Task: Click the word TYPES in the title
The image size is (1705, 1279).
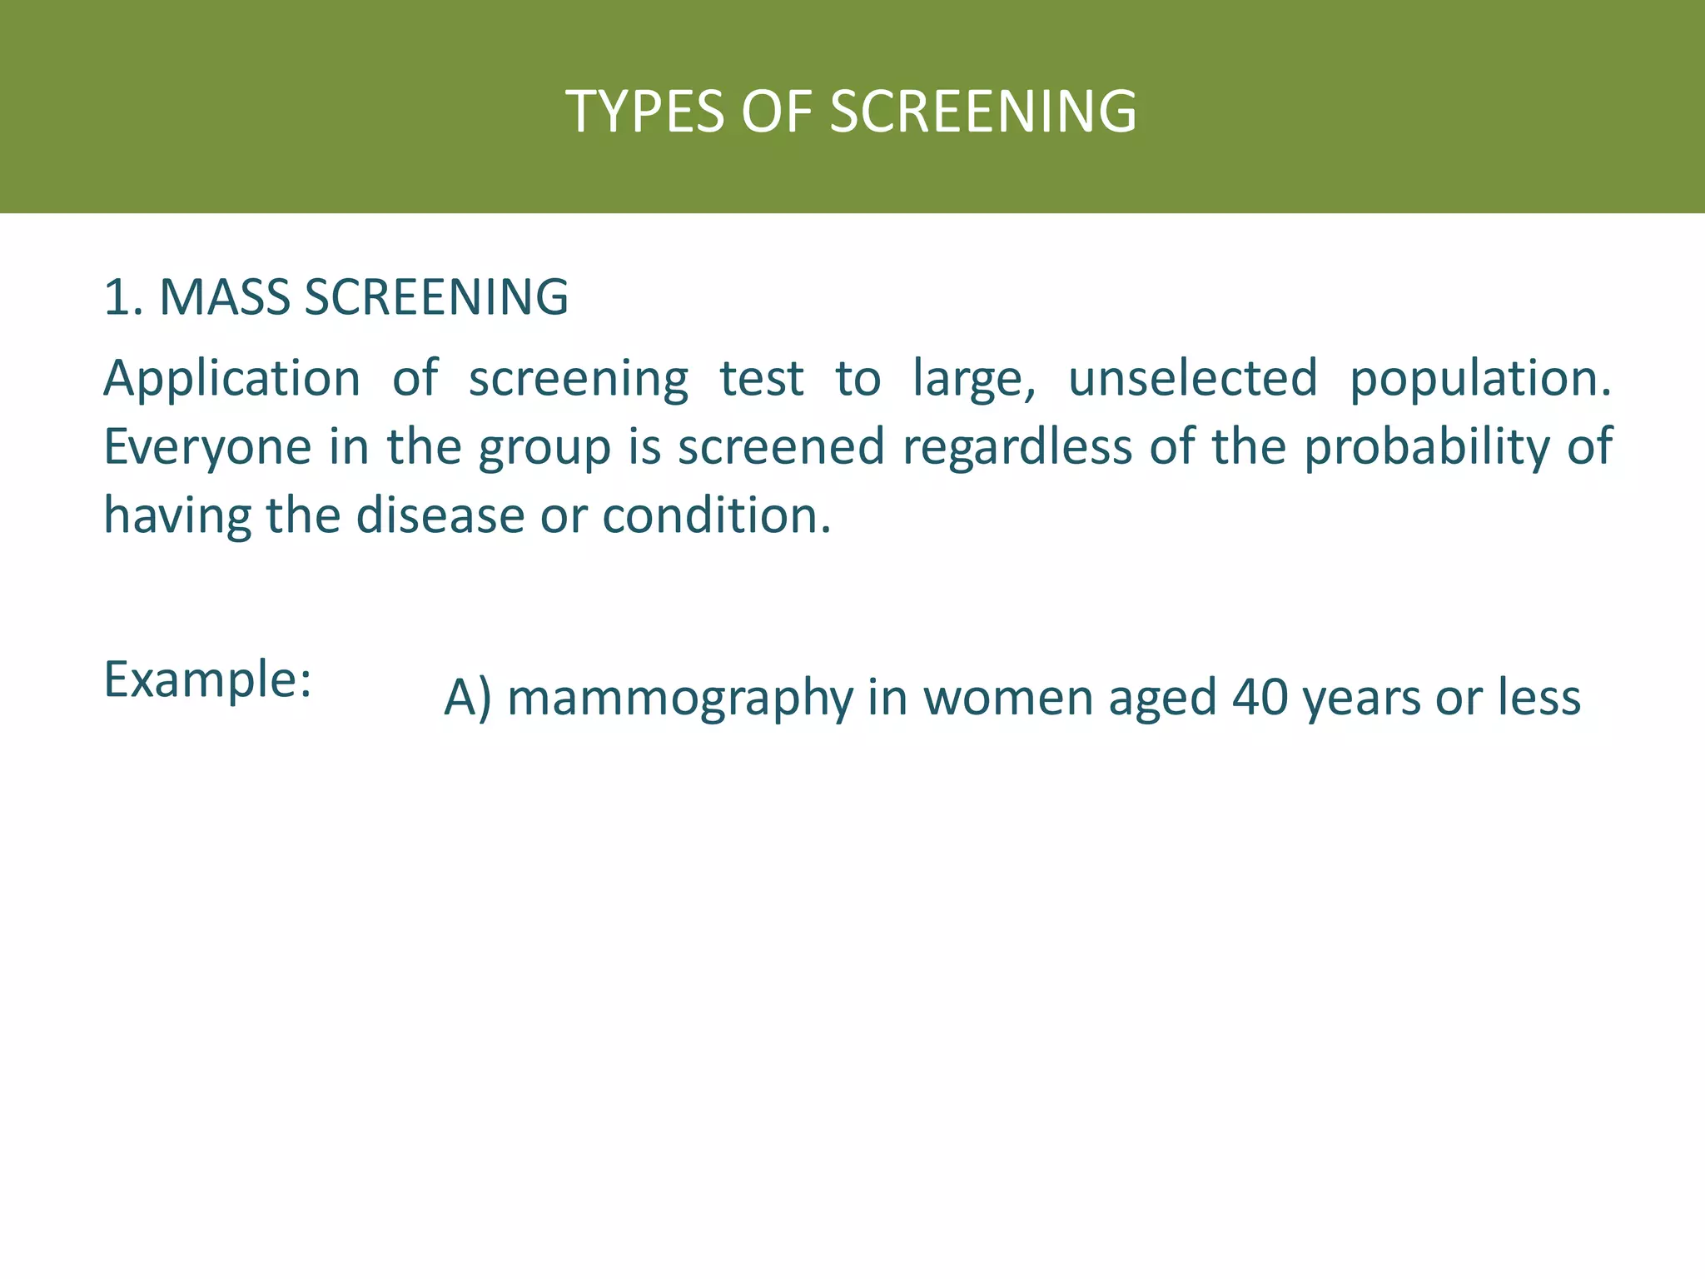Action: coord(644,112)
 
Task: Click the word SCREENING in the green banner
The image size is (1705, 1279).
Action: coord(983,112)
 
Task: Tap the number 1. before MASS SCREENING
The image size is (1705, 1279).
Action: coord(123,297)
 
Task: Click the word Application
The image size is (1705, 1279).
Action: coord(231,380)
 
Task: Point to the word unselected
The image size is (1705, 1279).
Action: coord(1192,378)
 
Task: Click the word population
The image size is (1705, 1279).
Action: coord(1479,380)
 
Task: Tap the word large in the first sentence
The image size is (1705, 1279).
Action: coord(972,380)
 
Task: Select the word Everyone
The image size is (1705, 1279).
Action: coord(206,448)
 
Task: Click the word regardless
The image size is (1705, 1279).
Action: coord(1017,448)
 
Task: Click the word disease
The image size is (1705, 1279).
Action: coord(440,515)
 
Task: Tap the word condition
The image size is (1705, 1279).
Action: coord(716,515)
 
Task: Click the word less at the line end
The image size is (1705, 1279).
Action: coord(1538,698)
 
